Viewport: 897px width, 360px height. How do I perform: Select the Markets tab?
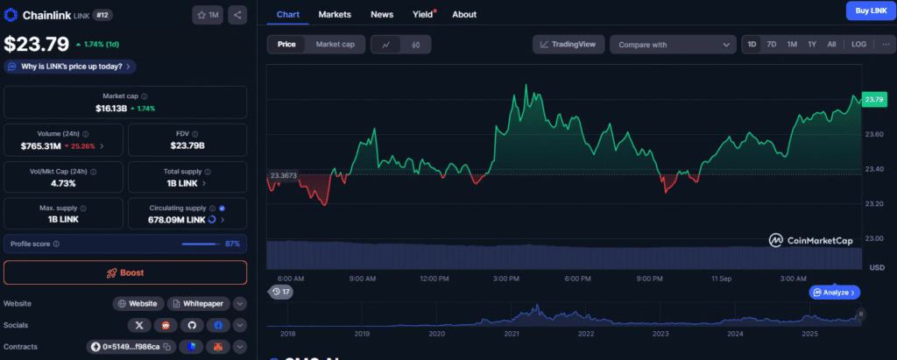[x=335, y=14]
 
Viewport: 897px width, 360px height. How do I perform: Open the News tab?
[x=382, y=14]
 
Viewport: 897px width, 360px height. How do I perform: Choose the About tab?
[x=464, y=14]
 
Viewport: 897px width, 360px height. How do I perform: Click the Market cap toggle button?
[x=335, y=44]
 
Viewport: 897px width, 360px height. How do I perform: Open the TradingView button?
[x=569, y=44]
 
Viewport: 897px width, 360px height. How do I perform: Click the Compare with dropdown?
[x=673, y=44]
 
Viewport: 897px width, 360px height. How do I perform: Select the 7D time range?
[x=772, y=44]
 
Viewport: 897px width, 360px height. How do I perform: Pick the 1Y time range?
[x=812, y=44]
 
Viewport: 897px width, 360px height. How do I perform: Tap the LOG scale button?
[x=858, y=44]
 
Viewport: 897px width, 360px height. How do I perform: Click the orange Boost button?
[x=124, y=272]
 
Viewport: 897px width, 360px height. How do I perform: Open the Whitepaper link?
[x=201, y=303]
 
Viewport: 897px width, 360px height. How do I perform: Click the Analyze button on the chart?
[x=836, y=292]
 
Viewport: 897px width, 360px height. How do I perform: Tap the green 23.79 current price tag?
[x=873, y=100]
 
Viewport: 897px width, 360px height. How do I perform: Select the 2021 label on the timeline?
[x=512, y=334]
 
